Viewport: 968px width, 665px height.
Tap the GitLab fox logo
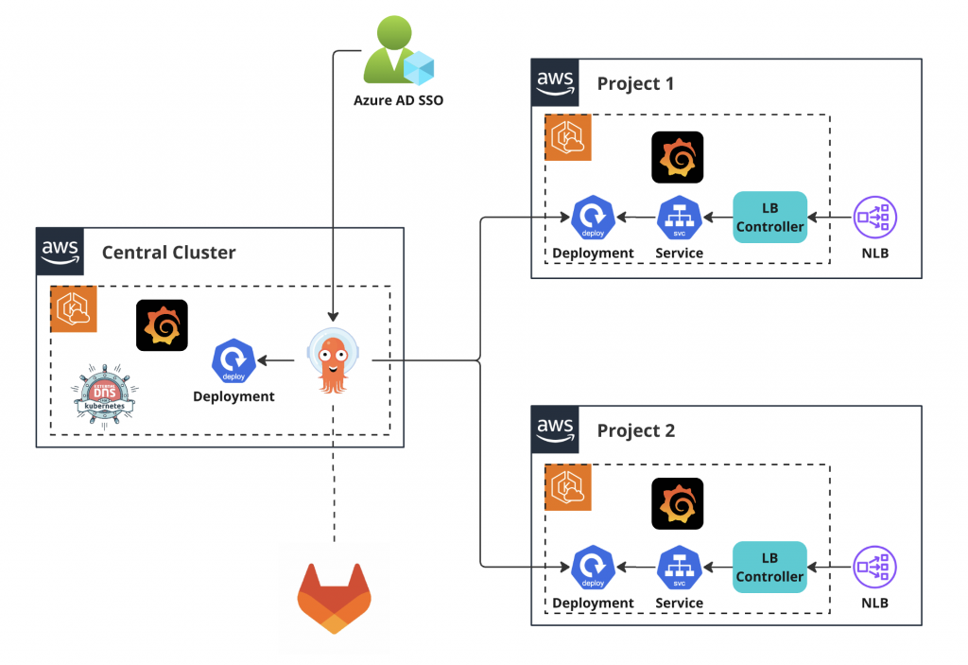click(335, 598)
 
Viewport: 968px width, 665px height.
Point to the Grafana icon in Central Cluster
click(162, 325)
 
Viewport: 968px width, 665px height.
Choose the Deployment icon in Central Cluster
click(233, 359)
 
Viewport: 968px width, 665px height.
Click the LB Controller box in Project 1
click(769, 218)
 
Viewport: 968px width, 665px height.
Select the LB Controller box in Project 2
click(769, 567)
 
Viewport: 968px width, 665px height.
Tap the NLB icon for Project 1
click(875, 218)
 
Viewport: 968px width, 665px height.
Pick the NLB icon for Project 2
click(875, 567)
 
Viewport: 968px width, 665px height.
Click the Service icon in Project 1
click(678, 218)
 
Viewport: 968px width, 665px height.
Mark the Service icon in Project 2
click(678, 567)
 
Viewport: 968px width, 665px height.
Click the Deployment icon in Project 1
click(593, 218)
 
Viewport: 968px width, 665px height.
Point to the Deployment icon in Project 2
click(593, 567)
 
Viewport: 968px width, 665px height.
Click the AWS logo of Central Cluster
click(60, 252)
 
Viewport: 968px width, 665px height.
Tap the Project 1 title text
click(635, 83)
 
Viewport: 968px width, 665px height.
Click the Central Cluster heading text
click(168, 252)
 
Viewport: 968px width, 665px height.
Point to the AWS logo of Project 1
click(555, 82)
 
